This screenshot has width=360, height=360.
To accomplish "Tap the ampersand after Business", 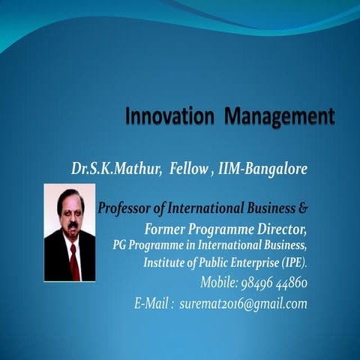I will coord(302,208).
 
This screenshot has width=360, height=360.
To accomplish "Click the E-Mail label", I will coord(154,304).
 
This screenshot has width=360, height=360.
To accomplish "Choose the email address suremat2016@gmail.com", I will coord(244,304).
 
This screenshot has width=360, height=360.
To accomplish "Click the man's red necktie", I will coord(73,259).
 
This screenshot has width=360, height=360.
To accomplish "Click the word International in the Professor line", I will coord(208,208).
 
